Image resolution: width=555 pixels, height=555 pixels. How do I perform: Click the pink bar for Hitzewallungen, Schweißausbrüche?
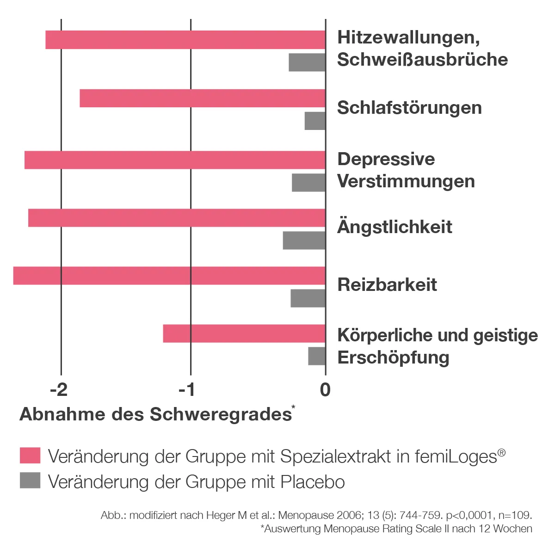(x=185, y=40)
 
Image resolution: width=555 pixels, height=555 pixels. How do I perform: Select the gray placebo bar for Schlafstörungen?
(x=315, y=121)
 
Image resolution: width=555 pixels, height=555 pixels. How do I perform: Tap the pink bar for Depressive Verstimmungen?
(x=175, y=160)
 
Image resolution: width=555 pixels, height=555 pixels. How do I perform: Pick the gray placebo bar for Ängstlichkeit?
(x=304, y=240)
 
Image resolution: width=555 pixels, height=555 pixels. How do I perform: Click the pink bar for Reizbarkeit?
(x=169, y=276)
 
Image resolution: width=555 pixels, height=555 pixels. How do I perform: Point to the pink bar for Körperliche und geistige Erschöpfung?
(x=244, y=333)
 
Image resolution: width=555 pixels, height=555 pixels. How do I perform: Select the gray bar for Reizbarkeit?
(x=308, y=298)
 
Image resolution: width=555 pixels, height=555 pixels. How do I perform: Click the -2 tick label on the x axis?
(x=59, y=390)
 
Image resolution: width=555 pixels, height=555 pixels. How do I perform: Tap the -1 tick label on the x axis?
(x=187, y=390)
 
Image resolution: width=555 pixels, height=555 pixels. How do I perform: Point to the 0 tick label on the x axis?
(x=325, y=390)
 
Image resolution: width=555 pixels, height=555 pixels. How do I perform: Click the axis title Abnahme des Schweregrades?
(x=155, y=414)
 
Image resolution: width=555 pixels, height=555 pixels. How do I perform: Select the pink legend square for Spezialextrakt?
(x=30, y=456)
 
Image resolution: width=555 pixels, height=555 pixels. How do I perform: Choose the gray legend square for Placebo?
(x=30, y=481)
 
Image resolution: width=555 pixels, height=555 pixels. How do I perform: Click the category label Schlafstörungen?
(x=409, y=108)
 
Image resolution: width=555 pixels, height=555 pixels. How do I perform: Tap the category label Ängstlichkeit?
(x=395, y=227)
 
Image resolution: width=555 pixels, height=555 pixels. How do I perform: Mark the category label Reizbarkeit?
(x=387, y=284)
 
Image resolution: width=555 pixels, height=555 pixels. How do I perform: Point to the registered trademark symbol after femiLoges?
(x=501, y=452)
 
